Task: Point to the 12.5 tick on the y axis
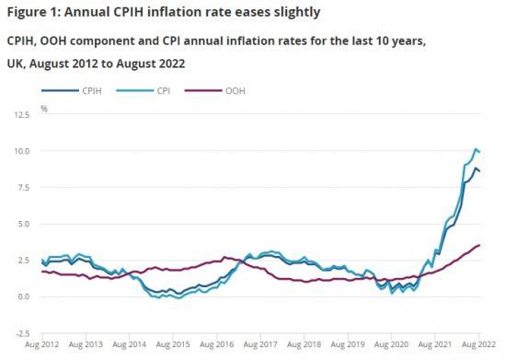click(x=22, y=115)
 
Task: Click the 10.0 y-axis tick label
click(x=22, y=151)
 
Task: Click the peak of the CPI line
click(x=500, y=148)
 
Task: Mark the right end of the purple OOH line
click(x=504, y=245)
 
